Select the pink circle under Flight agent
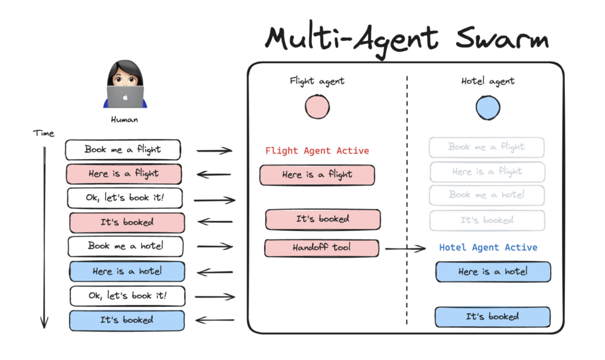point(317,107)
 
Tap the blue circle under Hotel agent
point(488,107)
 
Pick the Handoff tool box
point(321,248)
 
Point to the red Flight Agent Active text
point(317,151)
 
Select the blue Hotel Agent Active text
point(488,248)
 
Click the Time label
point(43,134)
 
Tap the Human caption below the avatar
point(125,120)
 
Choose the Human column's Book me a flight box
point(122,150)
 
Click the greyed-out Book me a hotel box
point(487,195)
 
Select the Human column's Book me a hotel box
point(125,246)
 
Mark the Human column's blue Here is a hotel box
point(127,271)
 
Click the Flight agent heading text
point(317,82)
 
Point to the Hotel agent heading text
point(488,82)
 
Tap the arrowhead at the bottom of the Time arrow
point(44,323)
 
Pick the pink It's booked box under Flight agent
point(323,219)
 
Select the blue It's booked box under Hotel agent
point(492,317)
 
